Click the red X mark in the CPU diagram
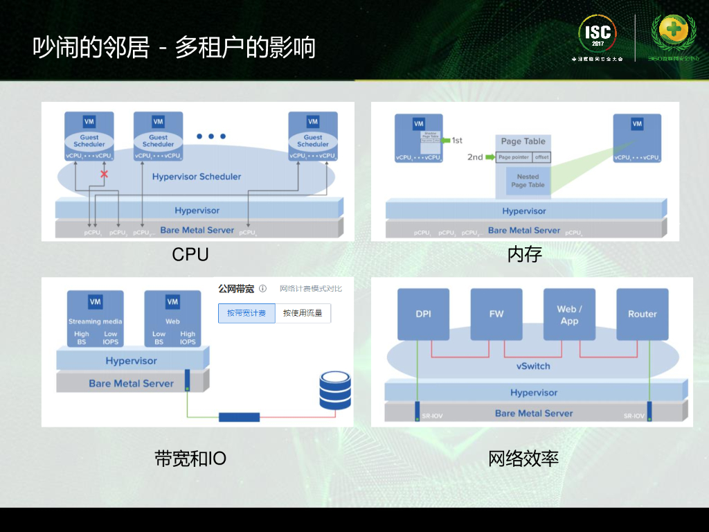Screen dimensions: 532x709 click(x=105, y=174)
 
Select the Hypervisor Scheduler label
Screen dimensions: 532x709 click(x=197, y=177)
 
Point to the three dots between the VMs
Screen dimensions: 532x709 click(x=211, y=136)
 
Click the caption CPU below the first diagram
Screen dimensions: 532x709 click(x=190, y=255)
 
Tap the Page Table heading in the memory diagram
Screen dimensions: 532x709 click(x=523, y=141)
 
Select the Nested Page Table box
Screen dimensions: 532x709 click(x=528, y=181)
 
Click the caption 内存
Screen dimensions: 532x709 click(x=524, y=255)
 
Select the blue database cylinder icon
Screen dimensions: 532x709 click(x=335, y=390)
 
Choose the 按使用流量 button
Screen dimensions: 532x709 click(x=303, y=313)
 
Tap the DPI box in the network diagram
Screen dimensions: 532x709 click(x=423, y=314)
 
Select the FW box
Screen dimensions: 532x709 click(x=496, y=314)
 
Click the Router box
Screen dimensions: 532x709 click(x=642, y=314)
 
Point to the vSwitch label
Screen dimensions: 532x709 click(x=533, y=366)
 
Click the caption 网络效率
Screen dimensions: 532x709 click(x=523, y=459)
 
